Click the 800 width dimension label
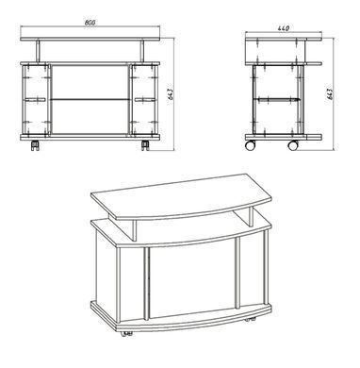tap(90, 23)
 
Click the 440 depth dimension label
tap(283, 28)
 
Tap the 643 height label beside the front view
tap(171, 94)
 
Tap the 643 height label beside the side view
tap(330, 94)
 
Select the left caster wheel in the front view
tap(35, 145)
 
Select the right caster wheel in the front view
tap(145, 145)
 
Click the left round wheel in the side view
tap(251, 145)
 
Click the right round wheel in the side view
tap(293, 145)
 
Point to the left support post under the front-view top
tap(38, 51)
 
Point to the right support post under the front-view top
tap(142, 51)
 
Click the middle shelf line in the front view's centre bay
tap(90, 100)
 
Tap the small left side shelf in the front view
tap(35, 100)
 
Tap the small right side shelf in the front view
tap(145, 100)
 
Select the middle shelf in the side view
tap(278, 99)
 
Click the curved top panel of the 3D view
tap(181, 196)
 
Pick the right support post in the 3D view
tap(251, 217)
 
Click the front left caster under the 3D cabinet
tap(126, 334)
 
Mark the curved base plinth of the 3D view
tap(181, 316)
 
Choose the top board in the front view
tap(90, 39)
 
